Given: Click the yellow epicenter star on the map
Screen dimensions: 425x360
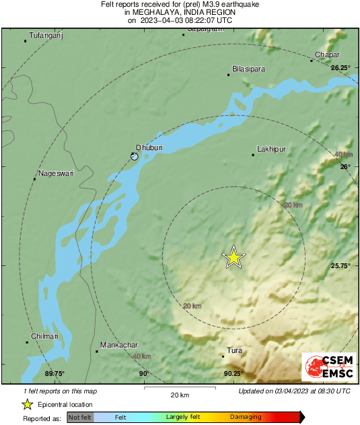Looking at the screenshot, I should [x=233, y=257].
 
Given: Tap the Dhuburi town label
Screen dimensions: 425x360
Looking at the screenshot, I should [x=148, y=147].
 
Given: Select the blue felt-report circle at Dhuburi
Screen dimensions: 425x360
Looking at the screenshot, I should [x=135, y=156].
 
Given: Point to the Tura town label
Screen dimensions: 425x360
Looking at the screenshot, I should [x=235, y=350].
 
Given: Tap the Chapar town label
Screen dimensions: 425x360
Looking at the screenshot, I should [x=328, y=54].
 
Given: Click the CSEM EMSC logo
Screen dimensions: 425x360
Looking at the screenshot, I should [x=326, y=368].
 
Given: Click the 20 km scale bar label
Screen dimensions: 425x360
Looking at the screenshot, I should [x=179, y=395].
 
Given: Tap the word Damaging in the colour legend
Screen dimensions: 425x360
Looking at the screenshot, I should [x=245, y=418].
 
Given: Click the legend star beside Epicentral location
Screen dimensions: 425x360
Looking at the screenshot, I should [x=27, y=404].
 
